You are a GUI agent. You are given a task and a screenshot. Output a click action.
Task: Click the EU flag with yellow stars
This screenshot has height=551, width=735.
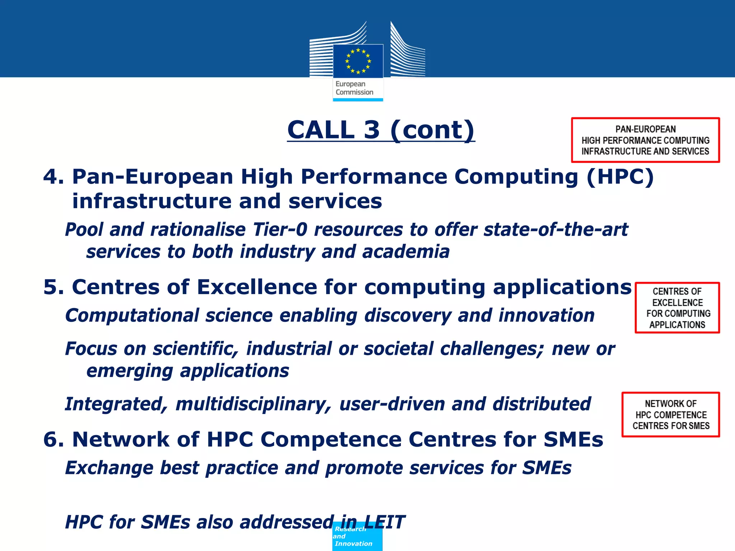[358, 61]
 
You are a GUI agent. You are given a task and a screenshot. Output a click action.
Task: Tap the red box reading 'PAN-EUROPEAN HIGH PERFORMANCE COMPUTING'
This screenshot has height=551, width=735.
[645, 140]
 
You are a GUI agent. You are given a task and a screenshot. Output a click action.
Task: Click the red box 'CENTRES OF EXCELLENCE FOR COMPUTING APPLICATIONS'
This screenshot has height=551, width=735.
[677, 308]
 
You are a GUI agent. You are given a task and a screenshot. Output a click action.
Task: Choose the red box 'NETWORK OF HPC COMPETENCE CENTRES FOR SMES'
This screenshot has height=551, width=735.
[670, 415]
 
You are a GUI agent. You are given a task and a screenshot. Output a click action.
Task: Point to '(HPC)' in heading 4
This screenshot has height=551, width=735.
[620, 177]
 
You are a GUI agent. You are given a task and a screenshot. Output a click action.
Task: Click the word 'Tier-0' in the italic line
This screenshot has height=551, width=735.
[280, 230]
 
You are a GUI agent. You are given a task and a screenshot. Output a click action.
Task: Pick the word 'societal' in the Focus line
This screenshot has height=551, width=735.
[399, 349]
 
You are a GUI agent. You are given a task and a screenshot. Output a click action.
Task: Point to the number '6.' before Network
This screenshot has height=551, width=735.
[54, 439]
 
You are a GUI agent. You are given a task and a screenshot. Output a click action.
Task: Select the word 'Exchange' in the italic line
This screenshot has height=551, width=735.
[109, 468]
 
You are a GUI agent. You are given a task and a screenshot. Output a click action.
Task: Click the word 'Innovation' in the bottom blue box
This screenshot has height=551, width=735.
[354, 544]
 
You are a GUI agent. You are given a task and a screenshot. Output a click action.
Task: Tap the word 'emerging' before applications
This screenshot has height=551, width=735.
[130, 371]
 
